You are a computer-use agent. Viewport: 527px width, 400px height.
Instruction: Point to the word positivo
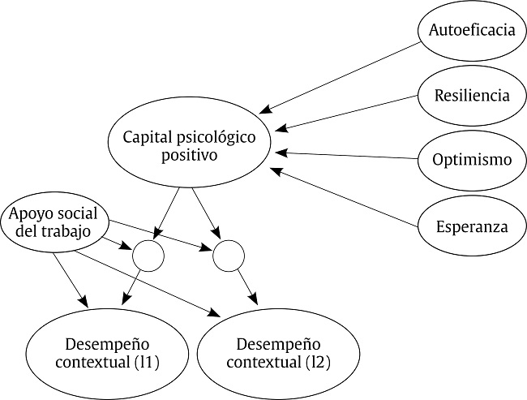[x=190, y=155]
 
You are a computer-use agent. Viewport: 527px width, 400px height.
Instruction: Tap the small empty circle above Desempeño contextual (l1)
[x=148, y=256]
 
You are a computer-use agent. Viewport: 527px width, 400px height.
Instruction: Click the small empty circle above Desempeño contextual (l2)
[x=228, y=256]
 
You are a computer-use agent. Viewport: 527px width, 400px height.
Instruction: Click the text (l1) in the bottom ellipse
[x=144, y=362]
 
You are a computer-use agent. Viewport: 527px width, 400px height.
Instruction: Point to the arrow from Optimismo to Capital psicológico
[x=349, y=154]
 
